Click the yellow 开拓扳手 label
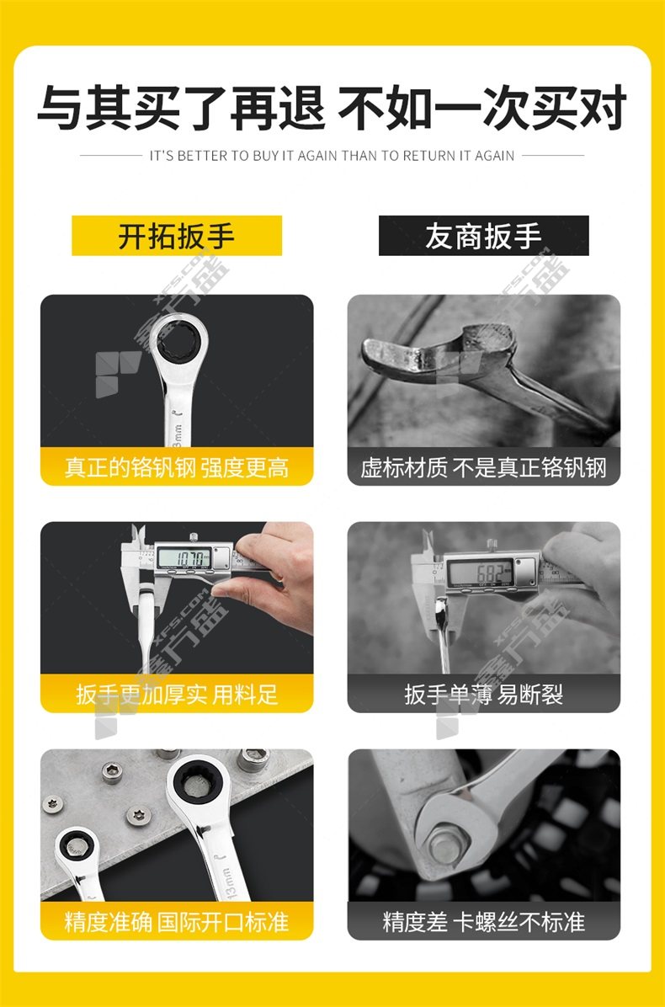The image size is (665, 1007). click(177, 236)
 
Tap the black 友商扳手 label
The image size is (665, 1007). click(483, 236)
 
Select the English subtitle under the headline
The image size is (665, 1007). click(332, 156)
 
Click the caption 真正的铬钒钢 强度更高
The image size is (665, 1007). click(177, 467)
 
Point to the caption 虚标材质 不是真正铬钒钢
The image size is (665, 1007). click(483, 467)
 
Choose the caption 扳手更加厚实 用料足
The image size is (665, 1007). click(177, 695)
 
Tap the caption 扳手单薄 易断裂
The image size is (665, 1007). click(483, 695)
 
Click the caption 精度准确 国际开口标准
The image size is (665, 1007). click(177, 922)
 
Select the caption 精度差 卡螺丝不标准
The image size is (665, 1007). click(483, 922)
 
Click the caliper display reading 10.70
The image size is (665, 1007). click(184, 557)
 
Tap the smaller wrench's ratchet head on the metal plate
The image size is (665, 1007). click(77, 847)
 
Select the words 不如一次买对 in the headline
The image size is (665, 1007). click(482, 109)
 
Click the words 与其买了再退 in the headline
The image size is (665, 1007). click(182, 109)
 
